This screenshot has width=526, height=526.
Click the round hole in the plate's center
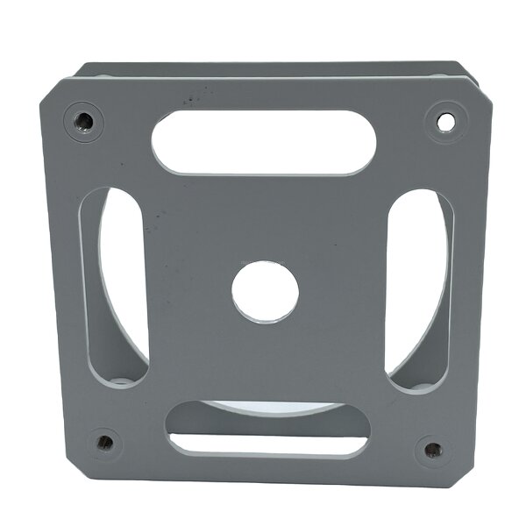click(x=265, y=292)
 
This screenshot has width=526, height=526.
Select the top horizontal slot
click(x=263, y=142)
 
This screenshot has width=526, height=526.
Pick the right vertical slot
click(x=418, y=290)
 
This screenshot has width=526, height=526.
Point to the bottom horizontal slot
click(x=267, y=430)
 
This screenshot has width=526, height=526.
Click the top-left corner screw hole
click(x=83, y=120)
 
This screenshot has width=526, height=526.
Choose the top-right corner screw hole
click(x=445, y=123)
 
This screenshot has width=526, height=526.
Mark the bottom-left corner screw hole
click(x=104, y=443)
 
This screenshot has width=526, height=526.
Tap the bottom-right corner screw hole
click(x=433, y=451)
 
